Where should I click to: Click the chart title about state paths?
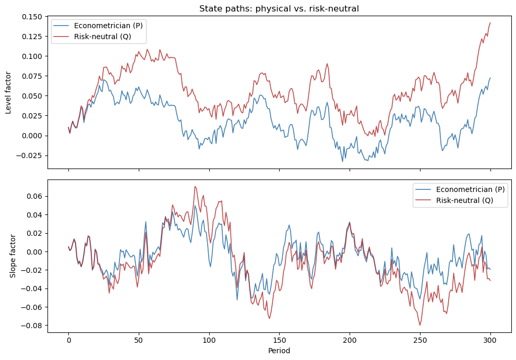tap(279, 8)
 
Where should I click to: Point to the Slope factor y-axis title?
tap(13, 256)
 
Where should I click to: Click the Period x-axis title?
tap(279, 351)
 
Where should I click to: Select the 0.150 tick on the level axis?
tap(32, 17)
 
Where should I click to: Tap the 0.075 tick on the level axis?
tap(32, 76)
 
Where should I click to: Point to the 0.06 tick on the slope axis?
tap(35, 196)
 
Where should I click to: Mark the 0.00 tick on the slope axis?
tap(35, 252)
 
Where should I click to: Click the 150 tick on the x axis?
tap(279, 340)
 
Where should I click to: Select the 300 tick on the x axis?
tap(490, 340)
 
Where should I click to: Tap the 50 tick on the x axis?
tap(139, 340)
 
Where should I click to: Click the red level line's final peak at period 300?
tap(490, 23)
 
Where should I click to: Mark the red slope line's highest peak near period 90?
tap(195, 186)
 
